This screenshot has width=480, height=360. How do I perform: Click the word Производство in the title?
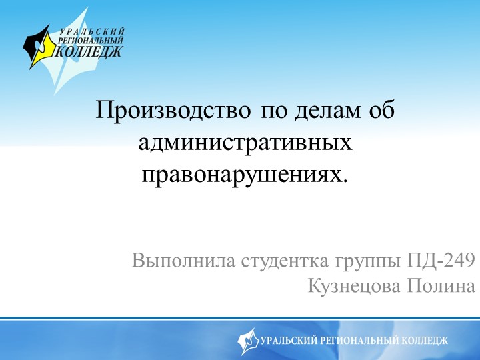point(173,110)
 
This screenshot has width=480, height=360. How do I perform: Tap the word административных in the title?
point(246,142)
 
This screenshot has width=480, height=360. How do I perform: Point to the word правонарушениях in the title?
point(245,174)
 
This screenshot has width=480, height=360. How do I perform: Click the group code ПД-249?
point(441,260)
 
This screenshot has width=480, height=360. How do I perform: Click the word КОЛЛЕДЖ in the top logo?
point(90,51)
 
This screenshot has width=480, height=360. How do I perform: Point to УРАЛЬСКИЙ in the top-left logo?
point(93,31)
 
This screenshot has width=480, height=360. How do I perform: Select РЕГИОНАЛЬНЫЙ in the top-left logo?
point(91,40)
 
